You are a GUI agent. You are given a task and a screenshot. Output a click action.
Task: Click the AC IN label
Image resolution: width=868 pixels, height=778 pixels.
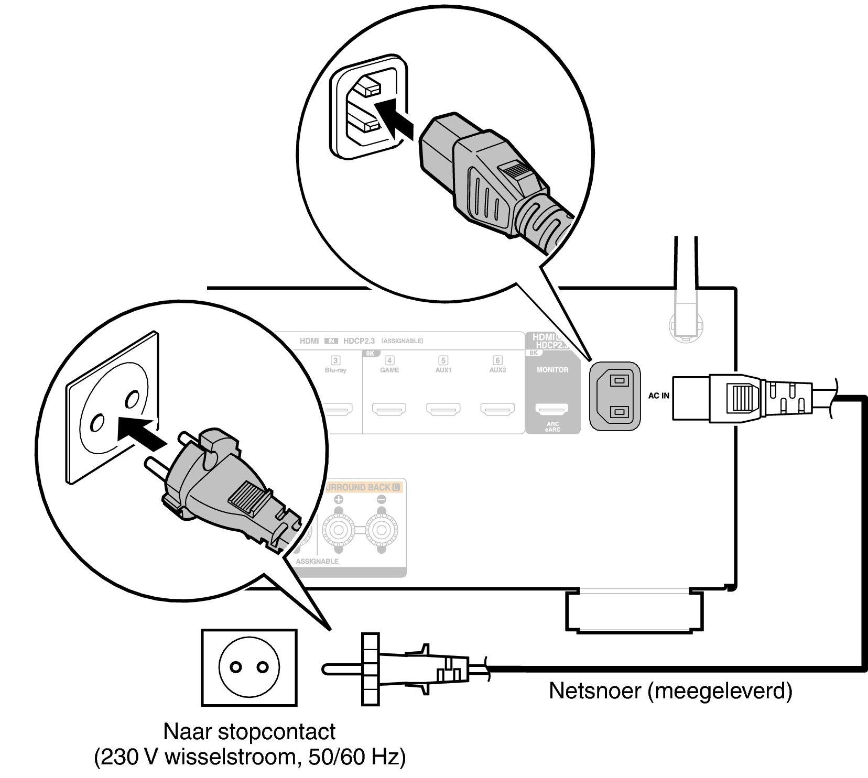(x=658, y=396)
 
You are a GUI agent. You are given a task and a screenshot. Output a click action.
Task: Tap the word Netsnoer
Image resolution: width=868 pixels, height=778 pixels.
(x=595, y=691)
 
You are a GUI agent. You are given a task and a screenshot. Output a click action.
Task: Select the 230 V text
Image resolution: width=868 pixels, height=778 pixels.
(x=124, y=757)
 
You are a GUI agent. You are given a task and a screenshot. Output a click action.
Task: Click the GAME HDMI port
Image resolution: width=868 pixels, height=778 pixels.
(x=389, y=408)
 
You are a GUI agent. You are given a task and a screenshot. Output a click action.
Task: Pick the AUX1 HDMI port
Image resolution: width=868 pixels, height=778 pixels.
(x=443, y=408)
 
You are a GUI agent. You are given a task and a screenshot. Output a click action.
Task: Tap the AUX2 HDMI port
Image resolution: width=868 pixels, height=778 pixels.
(x=497, y=408)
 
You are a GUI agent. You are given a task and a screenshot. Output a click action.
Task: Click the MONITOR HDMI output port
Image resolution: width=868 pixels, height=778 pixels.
(x=552, y=408)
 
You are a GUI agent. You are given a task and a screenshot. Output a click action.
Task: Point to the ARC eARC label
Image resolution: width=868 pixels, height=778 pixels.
(x=552, y=427)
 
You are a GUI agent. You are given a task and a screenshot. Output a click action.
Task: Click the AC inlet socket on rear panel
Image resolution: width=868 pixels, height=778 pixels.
(x=614, y=396)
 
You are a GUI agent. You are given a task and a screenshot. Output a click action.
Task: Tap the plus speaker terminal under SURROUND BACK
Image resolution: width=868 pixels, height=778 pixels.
(x=339, y=531)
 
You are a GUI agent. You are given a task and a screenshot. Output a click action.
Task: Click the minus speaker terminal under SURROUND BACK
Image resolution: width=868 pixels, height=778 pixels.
(x=381, y=531)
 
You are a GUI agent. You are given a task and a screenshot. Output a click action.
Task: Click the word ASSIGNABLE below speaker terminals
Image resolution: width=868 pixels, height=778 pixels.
(x=317, y=561)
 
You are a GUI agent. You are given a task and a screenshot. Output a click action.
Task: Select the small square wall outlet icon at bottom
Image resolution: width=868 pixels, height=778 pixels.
(x=249, y=667)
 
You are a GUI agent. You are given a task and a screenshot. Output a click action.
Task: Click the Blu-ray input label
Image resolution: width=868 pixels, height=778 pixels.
(x=335, y=370)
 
